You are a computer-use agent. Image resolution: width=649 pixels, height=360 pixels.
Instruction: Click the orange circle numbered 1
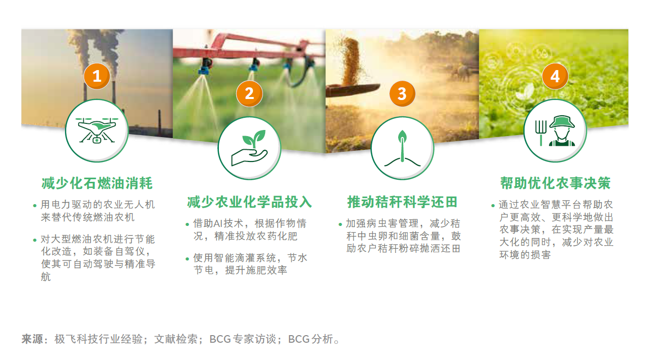click(97, 76)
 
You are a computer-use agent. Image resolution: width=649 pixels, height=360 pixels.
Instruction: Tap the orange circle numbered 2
click(249, 93)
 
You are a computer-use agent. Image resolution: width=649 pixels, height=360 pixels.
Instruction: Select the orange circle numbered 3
click(402, 93)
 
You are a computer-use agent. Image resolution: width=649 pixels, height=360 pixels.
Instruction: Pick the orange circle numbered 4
click(555, 76)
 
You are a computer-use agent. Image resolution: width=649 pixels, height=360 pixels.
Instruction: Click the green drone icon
click(97, 130)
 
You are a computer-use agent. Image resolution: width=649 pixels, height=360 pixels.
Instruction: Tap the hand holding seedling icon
click(249, 148)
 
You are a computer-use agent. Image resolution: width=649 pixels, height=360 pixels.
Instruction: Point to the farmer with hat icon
click(562, 130)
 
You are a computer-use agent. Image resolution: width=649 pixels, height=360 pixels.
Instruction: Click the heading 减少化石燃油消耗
click(97, 183)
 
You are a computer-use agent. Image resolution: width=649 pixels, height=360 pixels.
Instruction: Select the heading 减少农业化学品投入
click(249, 202)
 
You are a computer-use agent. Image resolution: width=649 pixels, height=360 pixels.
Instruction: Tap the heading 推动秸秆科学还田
click(402, 202)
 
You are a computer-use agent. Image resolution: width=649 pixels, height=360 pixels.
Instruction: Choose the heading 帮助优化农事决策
click(555, 183)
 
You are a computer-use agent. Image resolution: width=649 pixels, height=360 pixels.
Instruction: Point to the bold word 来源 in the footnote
click(32, 339)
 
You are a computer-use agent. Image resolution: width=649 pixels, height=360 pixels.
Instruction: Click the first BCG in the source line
click(220, 339)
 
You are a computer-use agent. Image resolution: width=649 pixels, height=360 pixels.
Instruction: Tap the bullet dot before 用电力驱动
click(35, 206)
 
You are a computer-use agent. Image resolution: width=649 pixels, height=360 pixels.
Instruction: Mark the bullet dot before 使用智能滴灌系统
click(187, 259)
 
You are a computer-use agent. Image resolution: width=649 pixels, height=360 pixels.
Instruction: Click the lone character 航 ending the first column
click(46, 277)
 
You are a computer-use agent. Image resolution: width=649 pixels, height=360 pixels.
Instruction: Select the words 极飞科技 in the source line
click(76, 339)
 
